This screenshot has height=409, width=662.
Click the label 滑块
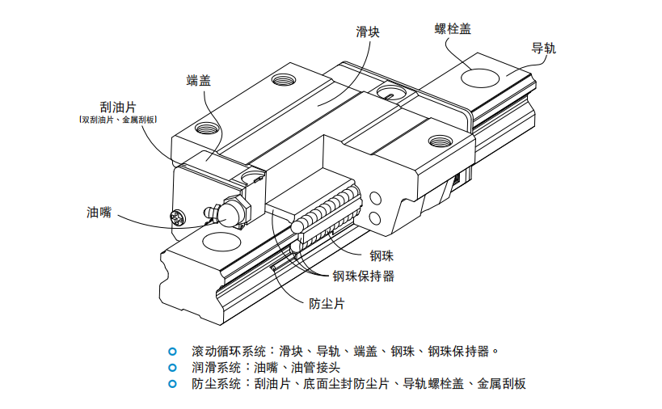pyautogui.click(x=368, y=32)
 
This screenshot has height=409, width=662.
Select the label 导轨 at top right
pyautogui.click(x=544, y=48)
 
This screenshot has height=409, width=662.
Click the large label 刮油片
pyautogui.click(x=118, y=106)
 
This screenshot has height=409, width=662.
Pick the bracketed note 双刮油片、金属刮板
pyautogui.click(x=118, y=120)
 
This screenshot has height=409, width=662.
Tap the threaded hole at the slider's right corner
pyautogui.click(x=439, y=142)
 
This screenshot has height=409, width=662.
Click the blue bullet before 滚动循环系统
pyautogui.click(x=171, y=352)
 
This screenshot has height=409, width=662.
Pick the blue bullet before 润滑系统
pyautogui.click(x=171, y=367)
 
